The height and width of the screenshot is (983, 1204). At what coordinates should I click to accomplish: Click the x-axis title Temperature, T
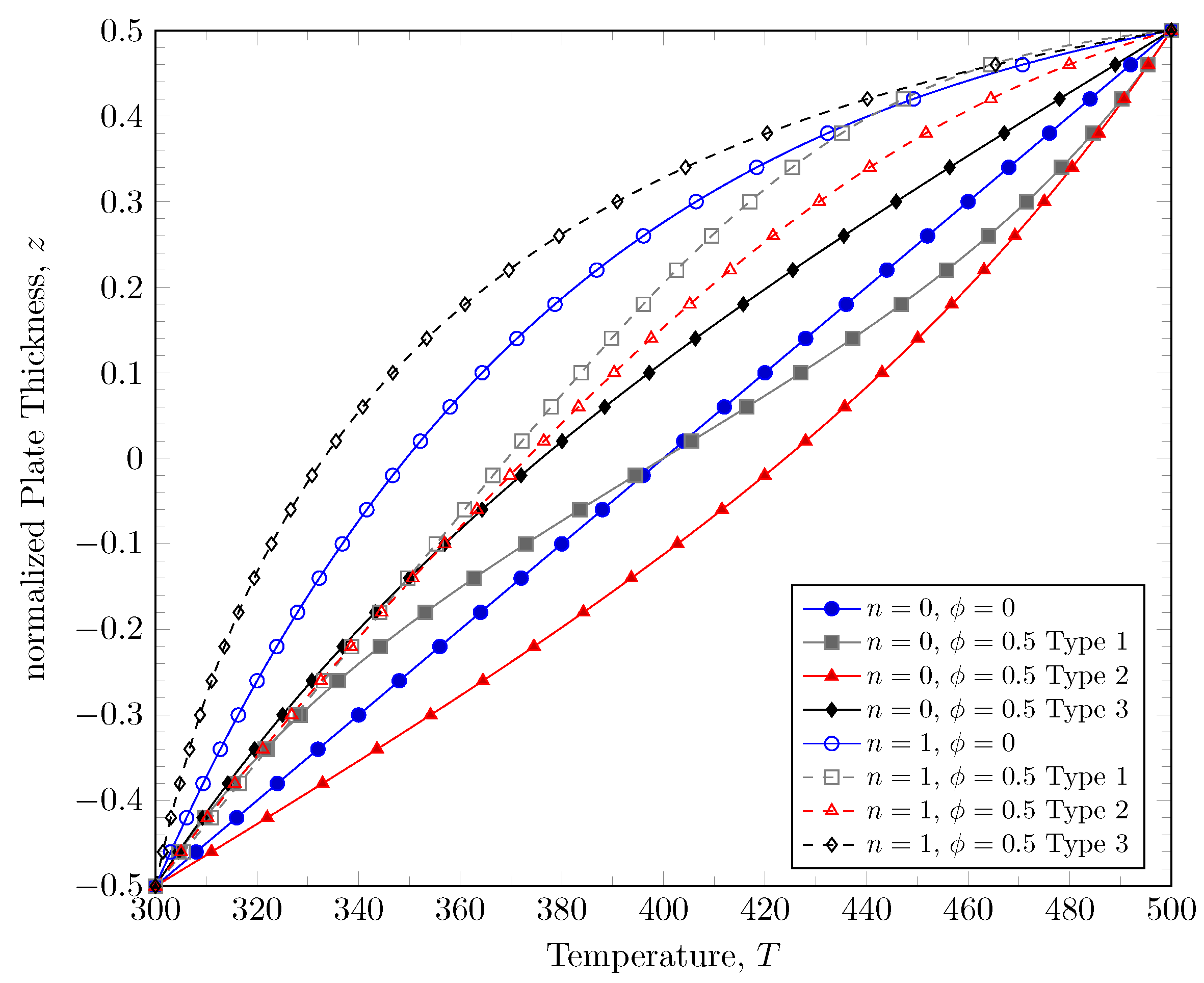click(x=663, y=956)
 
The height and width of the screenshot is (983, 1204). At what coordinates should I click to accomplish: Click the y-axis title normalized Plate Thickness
click(x=34, y=459)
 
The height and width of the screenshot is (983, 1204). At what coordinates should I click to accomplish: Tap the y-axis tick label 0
click(x=135, y=459)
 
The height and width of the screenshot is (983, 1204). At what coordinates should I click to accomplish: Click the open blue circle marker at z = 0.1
click(x=482, y=373)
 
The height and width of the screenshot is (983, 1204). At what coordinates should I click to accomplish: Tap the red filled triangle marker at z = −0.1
click(x=677, y=544)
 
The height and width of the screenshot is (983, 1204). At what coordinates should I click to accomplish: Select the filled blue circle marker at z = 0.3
click(x=968, y=201)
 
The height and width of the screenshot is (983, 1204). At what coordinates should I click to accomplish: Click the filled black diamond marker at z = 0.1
click(x=649, y=373)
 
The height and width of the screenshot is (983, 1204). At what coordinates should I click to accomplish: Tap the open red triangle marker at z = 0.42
click(x=990, y=98)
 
